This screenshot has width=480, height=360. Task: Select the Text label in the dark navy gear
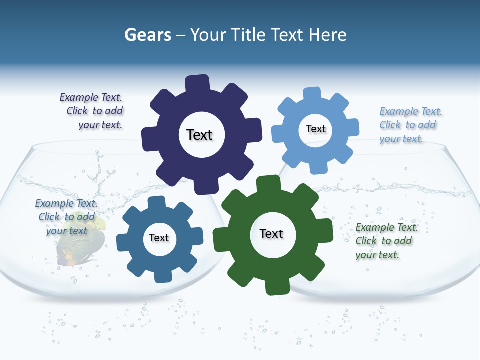click(x=199, y=135)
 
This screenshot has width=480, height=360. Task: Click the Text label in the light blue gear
click(x=315, y=129)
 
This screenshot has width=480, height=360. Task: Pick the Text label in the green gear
click(x=271, y=233)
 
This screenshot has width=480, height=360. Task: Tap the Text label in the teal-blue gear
click(x=159, y=238)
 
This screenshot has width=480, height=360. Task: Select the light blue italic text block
click(x=409, y=125)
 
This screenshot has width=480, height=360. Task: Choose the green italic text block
click(x=385, y=241)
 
